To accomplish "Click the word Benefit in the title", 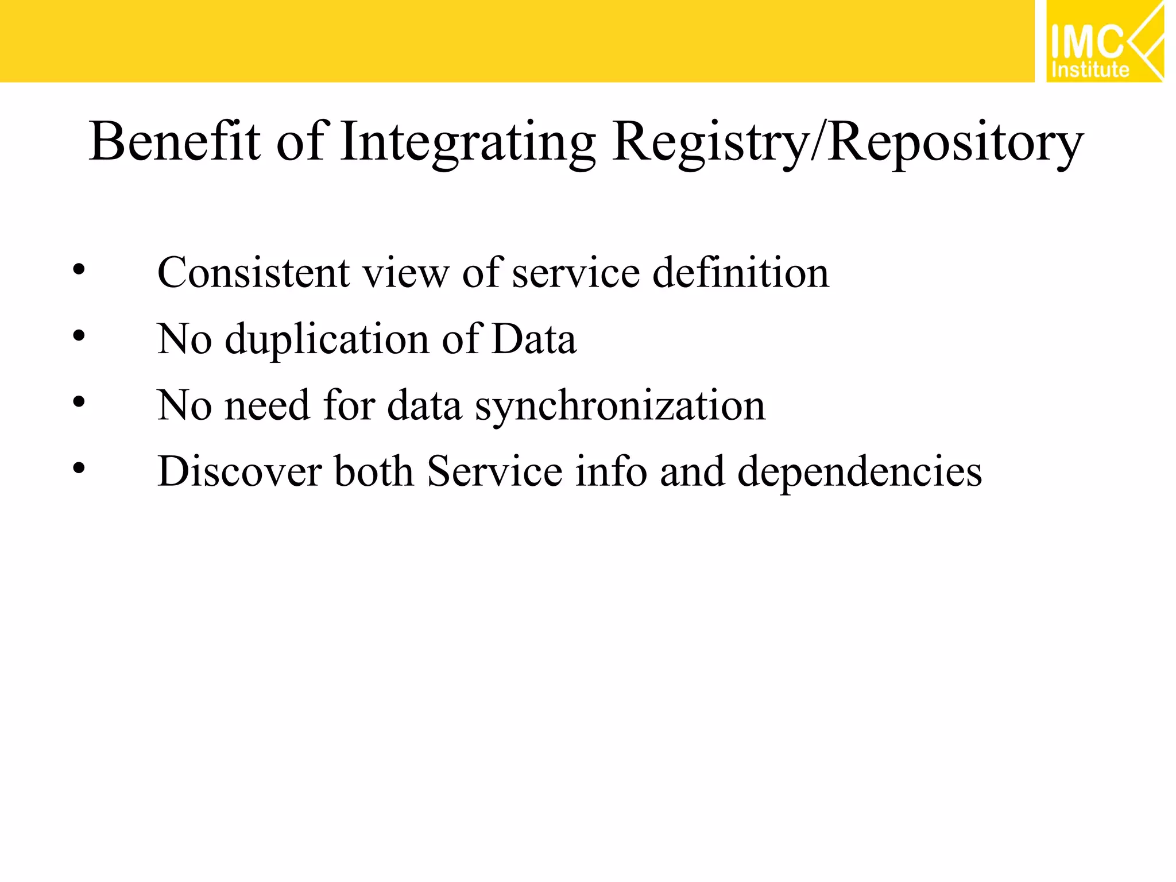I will (175, 141).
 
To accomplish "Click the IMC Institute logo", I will (1104, 42).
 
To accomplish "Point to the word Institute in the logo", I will (1090, 70).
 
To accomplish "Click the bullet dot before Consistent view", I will (79, 269).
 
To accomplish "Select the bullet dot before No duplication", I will (79, 336).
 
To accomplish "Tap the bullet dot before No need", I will (79, 402).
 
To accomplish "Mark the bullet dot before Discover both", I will (79, 468).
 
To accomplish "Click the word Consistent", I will (253, 272).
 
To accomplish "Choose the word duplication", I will (327, 339).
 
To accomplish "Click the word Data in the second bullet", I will (534, 339).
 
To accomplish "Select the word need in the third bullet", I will (267, 405).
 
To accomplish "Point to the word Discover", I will (239, 471).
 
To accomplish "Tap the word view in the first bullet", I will (406, 273).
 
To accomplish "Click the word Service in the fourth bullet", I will (494, 471).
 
